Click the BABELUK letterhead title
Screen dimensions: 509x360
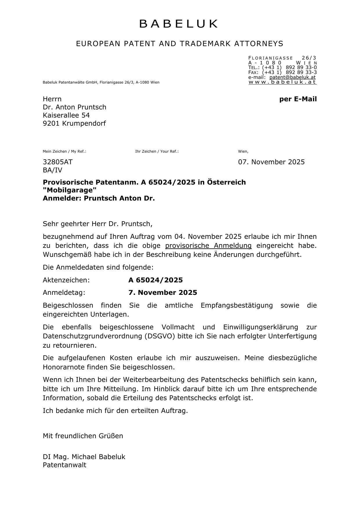(x=179, y=24)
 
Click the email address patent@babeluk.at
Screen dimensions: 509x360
(x=292, y=77)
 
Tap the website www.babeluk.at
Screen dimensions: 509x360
(x=282, y=82)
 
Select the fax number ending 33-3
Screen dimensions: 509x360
(x=301, y=72)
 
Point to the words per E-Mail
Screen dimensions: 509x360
(x=298, y=99)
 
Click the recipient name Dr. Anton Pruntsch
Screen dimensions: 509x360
(x=75, y=107)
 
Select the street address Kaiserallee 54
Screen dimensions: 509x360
(x=66, y=115)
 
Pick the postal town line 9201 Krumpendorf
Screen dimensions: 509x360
(x=74, y=123)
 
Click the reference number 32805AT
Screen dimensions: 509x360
(x=58, y=162)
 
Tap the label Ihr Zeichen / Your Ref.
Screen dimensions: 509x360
(x=157, y=151)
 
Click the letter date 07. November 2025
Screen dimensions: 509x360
(x=271, y=162)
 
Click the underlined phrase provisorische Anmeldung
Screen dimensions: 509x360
(x=208, y=246)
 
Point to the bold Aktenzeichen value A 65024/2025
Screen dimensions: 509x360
(x=155, y=280)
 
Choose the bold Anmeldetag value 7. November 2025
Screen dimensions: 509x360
(x=163, y=293)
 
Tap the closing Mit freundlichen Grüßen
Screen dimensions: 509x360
(x=83, y=436)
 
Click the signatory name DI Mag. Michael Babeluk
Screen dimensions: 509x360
(x=84, y=457)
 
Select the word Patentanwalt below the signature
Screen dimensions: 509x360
(x=65, y=465)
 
